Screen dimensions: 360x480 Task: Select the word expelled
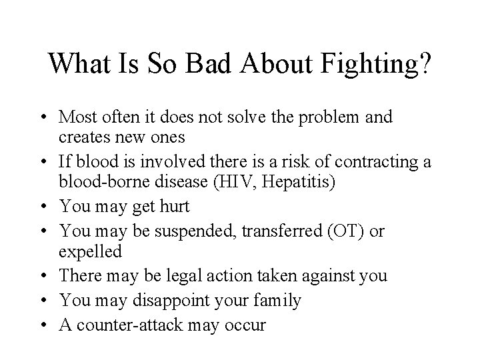tap(91, 251)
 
